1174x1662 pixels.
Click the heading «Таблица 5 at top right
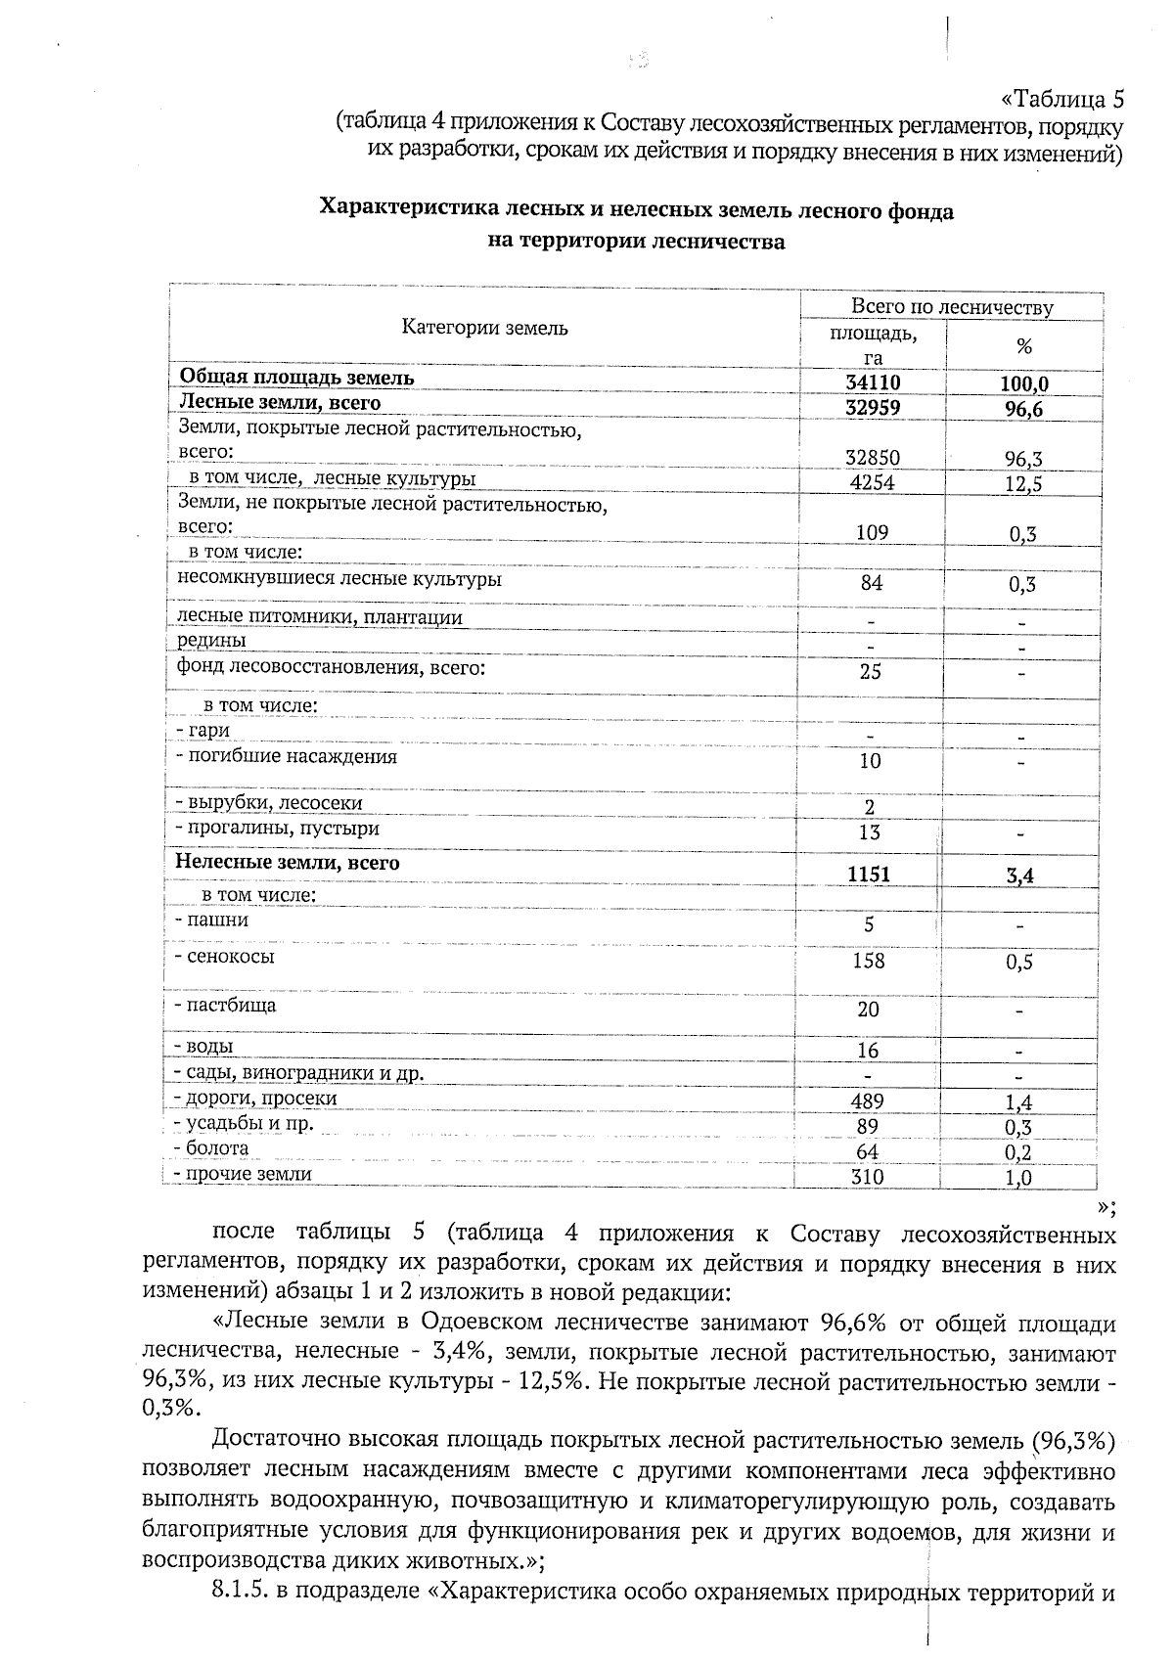1062,100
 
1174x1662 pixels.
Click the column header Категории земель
484,328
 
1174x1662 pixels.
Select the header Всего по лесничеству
951,307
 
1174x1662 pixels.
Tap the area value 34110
873,382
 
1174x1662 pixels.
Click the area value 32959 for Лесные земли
873,408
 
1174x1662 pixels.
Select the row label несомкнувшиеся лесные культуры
339,578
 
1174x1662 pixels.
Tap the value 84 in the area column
871,583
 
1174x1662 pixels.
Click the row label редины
211,641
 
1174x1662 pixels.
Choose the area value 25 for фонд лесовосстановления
870,671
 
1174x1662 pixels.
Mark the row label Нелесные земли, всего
288,863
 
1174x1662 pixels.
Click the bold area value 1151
869,875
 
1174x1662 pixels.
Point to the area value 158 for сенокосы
868,962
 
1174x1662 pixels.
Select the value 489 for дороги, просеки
868,1101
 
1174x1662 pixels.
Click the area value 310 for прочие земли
867,1178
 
